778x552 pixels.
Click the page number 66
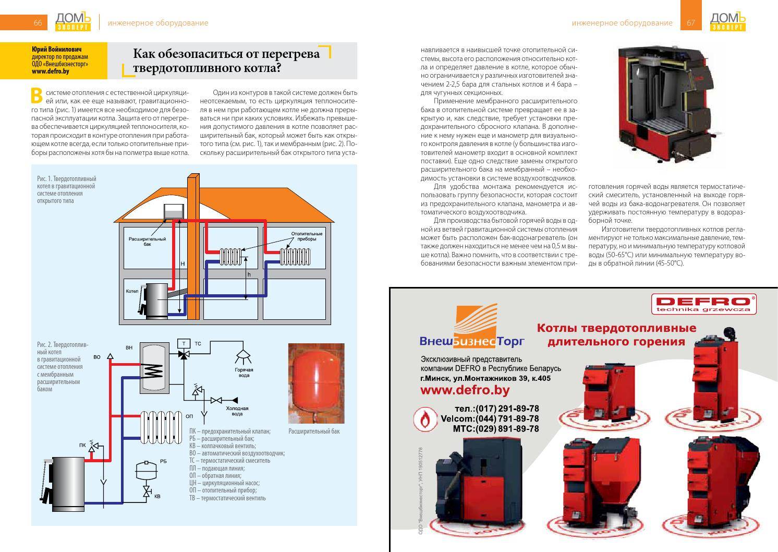38,22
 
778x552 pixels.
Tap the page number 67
691,22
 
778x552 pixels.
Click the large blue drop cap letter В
37,95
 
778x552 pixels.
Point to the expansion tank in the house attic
173,211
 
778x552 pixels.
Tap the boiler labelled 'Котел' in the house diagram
156,301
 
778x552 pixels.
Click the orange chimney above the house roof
192,188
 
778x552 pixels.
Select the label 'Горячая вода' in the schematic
244,373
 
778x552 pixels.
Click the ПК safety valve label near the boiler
82,445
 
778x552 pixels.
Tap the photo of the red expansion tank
316,383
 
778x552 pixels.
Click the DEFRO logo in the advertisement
703,303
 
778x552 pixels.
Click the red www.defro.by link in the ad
465,390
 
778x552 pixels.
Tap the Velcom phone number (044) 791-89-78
490,418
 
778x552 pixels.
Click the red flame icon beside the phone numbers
426,419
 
